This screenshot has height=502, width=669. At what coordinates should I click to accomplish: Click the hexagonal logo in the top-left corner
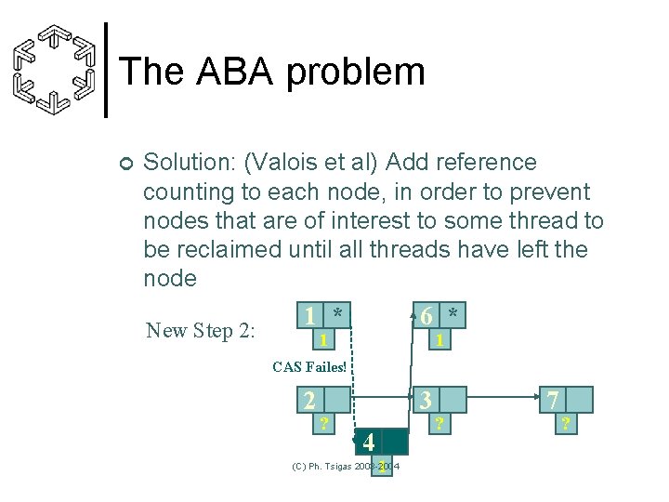(55, 70)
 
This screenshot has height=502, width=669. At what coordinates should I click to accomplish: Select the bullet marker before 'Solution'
(126, 165)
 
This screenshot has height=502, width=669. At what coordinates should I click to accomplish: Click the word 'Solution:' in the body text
(190, 163)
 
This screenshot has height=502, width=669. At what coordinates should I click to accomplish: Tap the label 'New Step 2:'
(201, 330)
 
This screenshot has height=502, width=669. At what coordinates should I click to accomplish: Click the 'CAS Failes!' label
(308, 367)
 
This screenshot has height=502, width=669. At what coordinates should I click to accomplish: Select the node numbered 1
(309, 315)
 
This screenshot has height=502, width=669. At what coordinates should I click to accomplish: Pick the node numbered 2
(309, 401)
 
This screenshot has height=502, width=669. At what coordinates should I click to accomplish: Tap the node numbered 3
(426, 401)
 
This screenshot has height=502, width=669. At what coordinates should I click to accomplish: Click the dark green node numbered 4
(369, 442)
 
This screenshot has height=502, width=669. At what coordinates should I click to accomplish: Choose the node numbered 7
(552, 401)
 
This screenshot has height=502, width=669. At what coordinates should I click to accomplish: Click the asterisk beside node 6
(453, 314)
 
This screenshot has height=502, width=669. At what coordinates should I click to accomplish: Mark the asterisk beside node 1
(339, 314)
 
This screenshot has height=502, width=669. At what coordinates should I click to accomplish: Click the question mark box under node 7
(563, 423)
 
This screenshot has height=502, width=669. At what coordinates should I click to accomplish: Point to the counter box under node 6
(438, 340)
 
